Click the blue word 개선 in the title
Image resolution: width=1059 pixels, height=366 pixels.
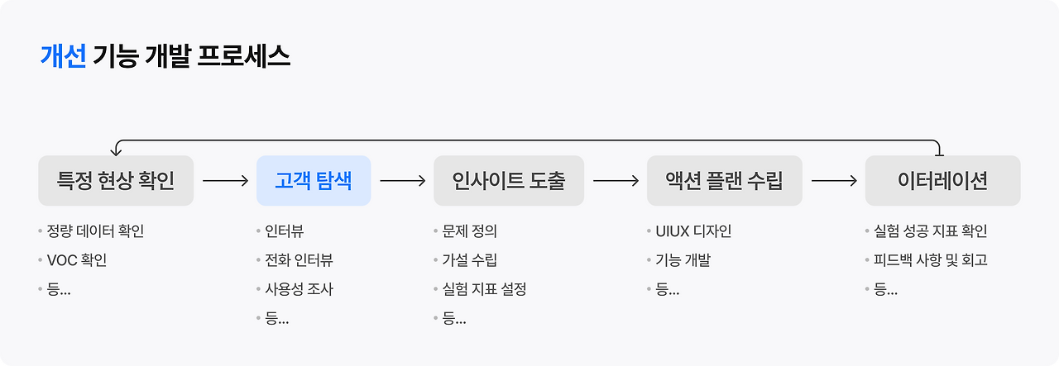point(63,55)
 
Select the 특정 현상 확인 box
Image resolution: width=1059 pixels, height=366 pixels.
point(116,180)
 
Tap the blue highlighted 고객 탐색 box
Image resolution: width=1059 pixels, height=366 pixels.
point(314,180)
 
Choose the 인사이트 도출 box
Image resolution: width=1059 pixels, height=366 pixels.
point(509,180)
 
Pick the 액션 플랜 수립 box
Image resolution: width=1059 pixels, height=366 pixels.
point(724,180)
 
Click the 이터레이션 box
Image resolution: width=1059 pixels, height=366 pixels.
point(942,180)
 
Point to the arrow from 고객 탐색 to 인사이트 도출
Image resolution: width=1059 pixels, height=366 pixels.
point(402,180)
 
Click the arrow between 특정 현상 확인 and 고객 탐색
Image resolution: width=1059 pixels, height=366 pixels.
point(225,180)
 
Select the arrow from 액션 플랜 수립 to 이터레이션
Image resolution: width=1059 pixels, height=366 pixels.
point(834,180)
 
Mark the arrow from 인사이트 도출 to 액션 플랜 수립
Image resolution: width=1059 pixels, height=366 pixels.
point(616,180)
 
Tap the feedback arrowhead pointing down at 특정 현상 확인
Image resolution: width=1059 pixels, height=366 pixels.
point(117,151)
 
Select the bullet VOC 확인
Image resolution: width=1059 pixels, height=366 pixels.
point(77,260)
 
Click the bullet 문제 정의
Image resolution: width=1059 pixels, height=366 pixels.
point(469,231)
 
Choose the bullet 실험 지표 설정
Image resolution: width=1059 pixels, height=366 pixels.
point(484,289)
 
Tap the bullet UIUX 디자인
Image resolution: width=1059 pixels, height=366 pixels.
point(693,231)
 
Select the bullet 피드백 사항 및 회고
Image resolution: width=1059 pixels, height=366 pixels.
point(931,260)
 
